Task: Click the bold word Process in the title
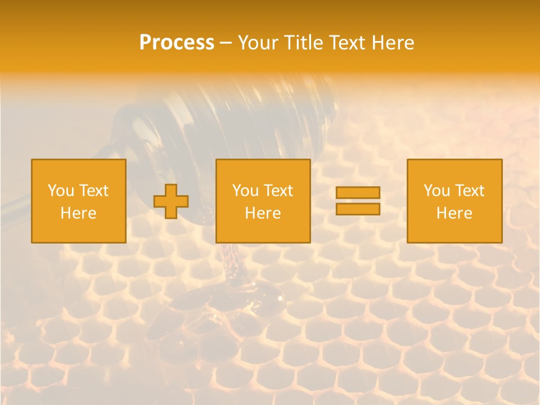coord(177,43)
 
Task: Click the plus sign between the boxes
coord(171,201)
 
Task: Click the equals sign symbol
coord(358,201)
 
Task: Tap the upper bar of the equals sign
coord(358,193)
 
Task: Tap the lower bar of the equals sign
coord(358,209)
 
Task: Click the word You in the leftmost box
coord(60,191)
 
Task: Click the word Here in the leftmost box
coord(78,213)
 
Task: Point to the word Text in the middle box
coord(278,191)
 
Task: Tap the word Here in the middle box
coord(263,213)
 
